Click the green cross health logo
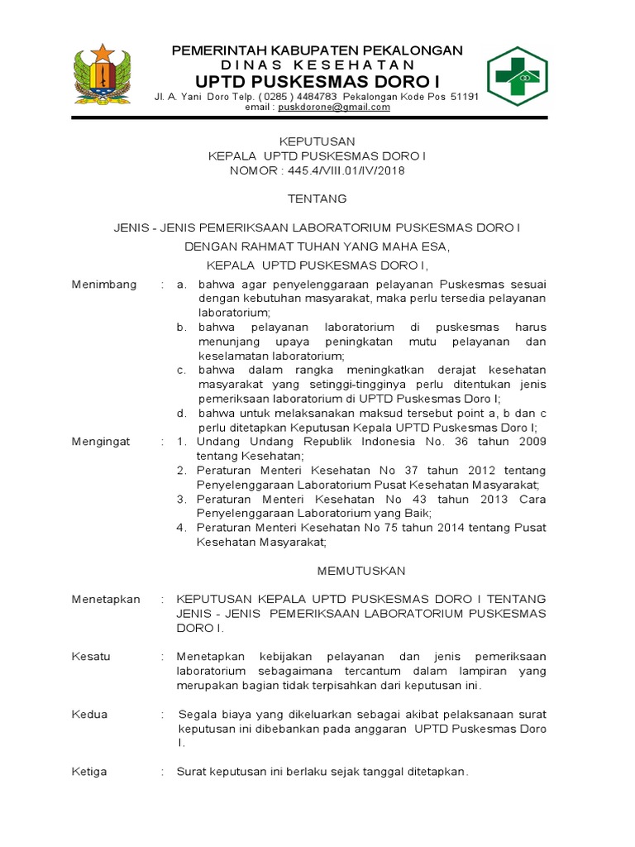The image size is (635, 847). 517,76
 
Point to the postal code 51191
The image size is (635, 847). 463,96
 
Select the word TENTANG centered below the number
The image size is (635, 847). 317,199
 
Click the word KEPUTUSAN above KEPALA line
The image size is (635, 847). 317,141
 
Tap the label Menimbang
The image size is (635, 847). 103,284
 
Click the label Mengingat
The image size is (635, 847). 101,442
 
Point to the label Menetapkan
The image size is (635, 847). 106,599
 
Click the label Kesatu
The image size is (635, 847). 91,657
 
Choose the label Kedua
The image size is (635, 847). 89,715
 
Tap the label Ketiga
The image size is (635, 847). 89,772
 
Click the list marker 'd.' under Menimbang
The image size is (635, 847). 181,414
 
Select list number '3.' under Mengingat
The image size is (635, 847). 181,500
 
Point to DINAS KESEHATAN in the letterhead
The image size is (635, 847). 317,65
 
